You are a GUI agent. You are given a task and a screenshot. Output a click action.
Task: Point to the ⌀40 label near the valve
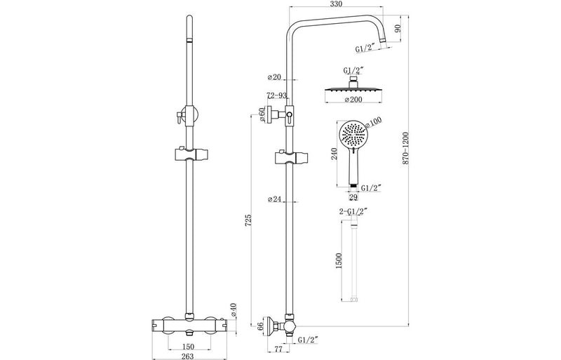[233, 309]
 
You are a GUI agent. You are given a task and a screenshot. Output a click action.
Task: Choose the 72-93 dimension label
[275, 95]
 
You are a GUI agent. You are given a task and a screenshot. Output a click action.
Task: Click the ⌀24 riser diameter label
[274, 200]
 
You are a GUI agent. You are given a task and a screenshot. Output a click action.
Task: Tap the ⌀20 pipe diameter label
[273, 77]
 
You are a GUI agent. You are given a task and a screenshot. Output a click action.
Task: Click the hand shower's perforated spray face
[352, 133]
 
